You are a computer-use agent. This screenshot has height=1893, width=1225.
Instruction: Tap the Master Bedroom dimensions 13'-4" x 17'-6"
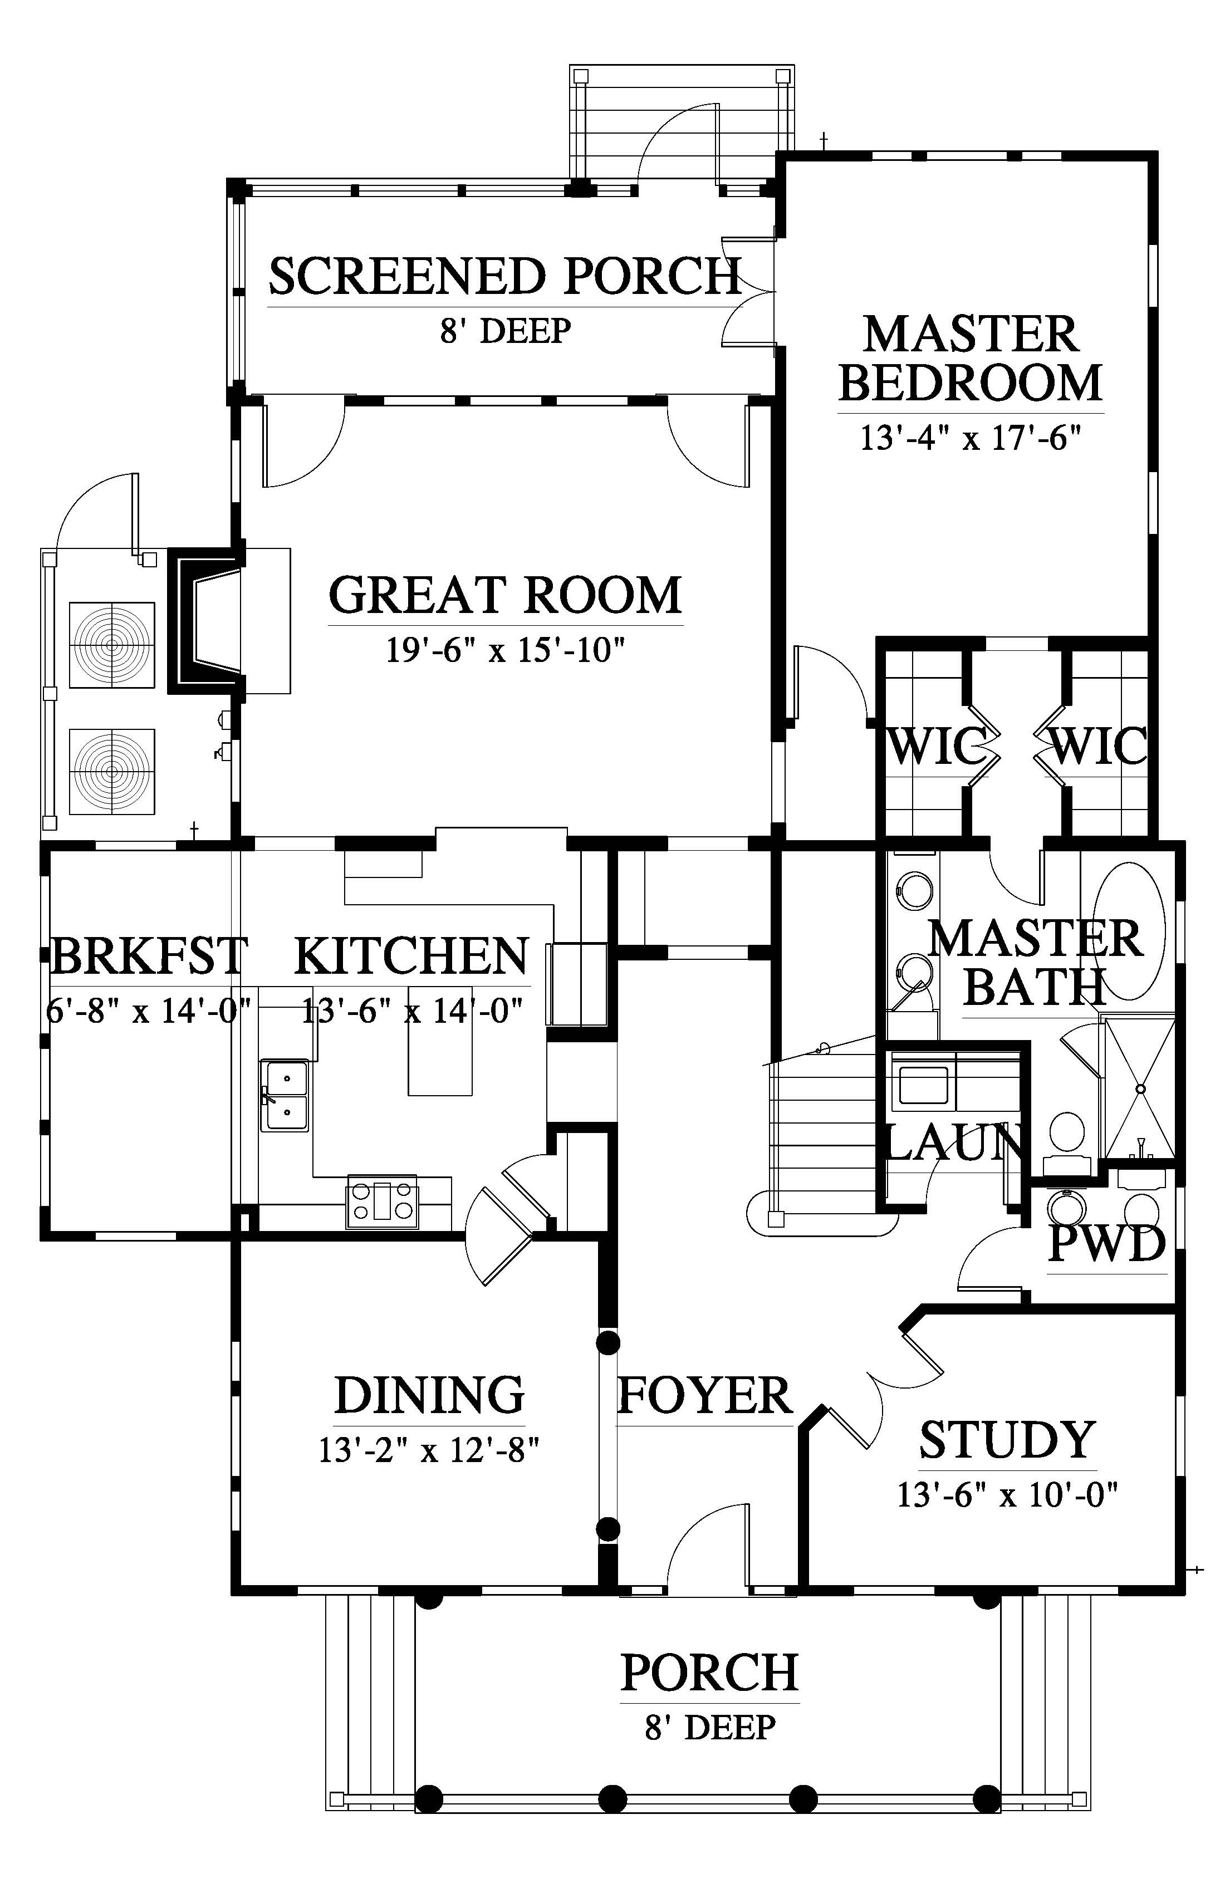pyautogui.click(x=971, y=438)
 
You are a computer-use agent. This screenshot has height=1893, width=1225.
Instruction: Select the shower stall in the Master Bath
pyautogui.click(x=1139, y=1086)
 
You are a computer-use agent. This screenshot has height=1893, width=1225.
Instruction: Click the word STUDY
pyautogui.click(x=1008, y=1439)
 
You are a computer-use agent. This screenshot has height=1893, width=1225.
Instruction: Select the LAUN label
pyautogui.click(x=954, y=1144)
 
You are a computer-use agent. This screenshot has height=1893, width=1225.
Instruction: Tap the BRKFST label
pyautogui.click(x=149, y=955)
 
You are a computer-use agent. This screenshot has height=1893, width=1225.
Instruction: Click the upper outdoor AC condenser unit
pyautogui.click(x=112, y=644)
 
